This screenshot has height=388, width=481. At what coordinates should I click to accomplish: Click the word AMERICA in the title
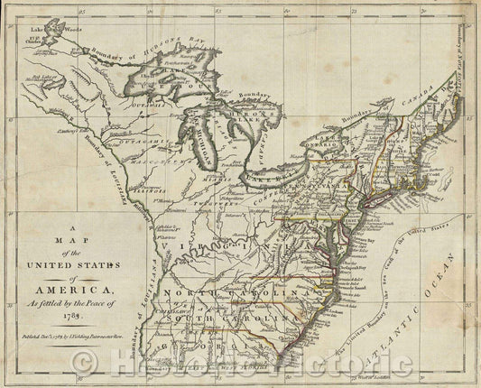coord(77,289)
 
